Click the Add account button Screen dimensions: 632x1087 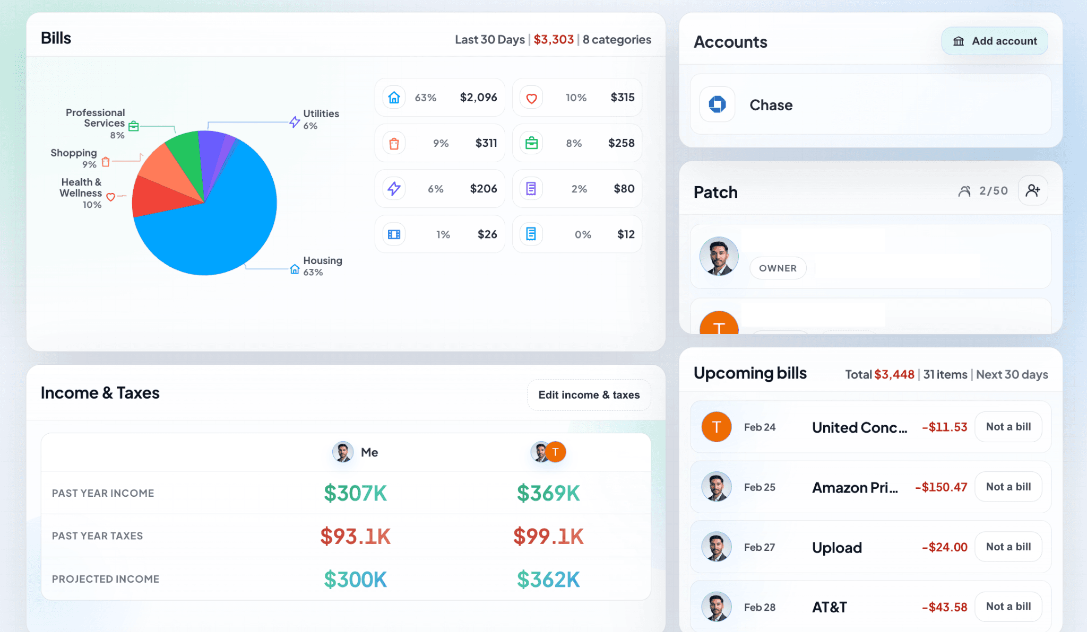coord(994,41)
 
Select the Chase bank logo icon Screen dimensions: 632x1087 coord(717,104)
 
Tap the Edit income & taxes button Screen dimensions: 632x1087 coord(589,395)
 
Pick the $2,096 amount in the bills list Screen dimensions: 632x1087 coord(478,98)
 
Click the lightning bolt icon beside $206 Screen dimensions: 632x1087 coord(394,189)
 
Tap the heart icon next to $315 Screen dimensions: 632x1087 coord(531,98)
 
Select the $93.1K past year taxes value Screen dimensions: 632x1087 coord(355,537)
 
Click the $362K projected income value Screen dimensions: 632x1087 coord(548,580)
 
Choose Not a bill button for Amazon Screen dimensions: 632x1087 coord(1008,487)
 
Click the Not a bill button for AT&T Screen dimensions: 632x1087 coord(1008,607)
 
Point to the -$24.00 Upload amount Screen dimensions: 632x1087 coord(944,547)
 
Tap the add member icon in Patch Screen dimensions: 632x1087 coord(1032,191)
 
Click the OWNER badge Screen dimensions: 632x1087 coord(778,268)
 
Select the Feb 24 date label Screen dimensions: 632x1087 coord(760,427)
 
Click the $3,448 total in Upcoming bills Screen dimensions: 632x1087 coord(894,375)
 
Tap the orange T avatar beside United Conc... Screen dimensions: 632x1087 coord(717,427)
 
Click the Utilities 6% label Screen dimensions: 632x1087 coord(320,119)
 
